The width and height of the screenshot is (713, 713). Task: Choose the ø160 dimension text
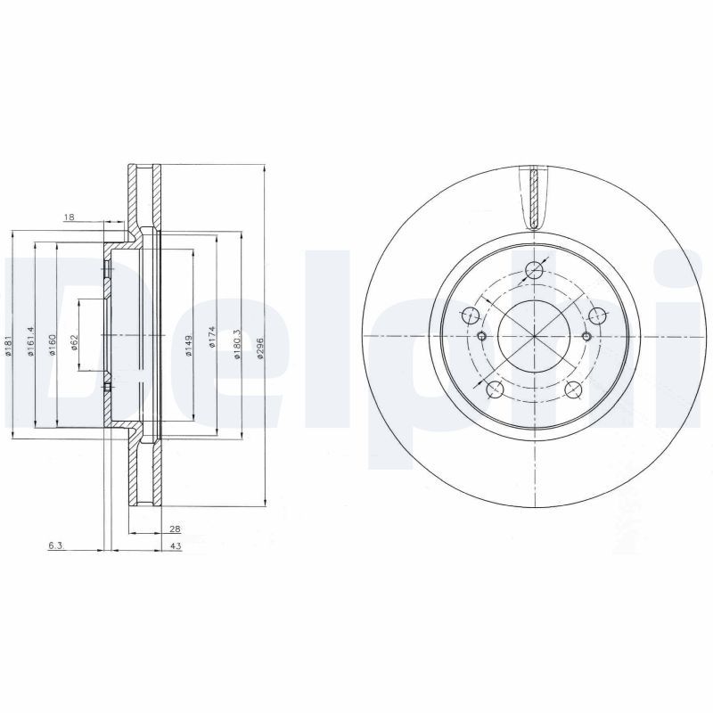tap(53, 343)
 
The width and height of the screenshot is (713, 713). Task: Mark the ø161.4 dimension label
tap(30, 340)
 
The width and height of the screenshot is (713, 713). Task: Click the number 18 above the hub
tap(69, 217)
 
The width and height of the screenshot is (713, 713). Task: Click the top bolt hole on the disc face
tap(534, 271)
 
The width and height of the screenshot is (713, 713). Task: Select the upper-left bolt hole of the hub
tap(471, 314)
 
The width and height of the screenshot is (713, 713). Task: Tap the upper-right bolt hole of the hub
tap(597, 314)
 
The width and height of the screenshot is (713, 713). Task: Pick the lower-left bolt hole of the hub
tap(493, 389)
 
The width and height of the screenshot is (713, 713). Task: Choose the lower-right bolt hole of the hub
tap(575, 389)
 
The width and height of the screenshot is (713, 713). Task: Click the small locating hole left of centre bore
tap(482, 336)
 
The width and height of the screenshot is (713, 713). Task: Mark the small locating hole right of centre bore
tap(586, 336)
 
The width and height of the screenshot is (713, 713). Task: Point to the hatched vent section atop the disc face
tap(534, 198)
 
